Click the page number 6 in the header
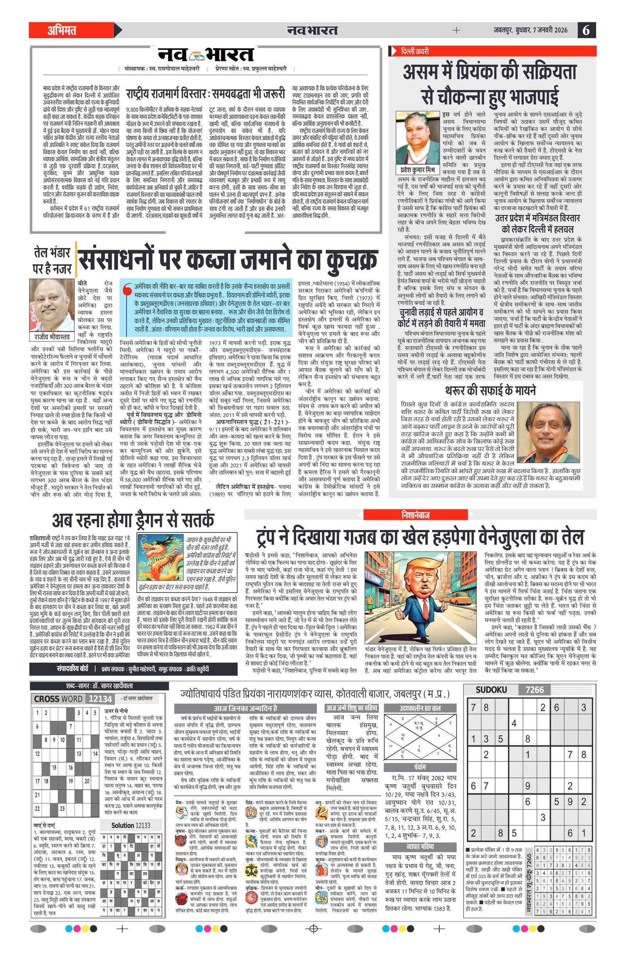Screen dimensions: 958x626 [586, 30]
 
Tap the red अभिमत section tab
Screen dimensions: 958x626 [62, 30]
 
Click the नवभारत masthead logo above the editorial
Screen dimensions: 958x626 [205, 55]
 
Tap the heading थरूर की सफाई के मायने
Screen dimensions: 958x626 [490, 390]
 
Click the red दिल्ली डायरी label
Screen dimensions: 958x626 [414, 51]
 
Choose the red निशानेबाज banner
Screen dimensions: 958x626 [415, 515]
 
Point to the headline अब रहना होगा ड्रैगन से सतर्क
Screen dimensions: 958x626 [133, 520]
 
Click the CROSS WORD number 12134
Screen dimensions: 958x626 [100, 699]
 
